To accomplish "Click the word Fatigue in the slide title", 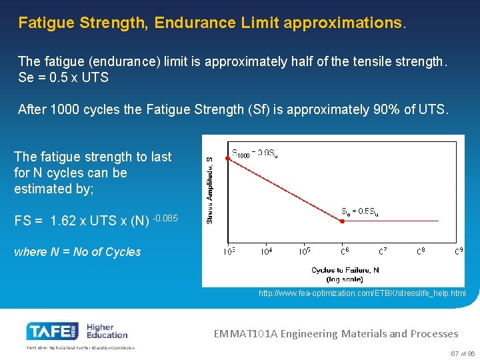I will (x=46, y=23).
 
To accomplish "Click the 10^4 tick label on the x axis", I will (x=266, y=251).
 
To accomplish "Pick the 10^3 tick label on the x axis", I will (x=228, y=251).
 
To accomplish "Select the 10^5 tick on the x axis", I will (x=305, y=251).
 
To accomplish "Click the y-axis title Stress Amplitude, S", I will (x=209, y=190).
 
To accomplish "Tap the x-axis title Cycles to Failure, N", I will (x=345, y=270).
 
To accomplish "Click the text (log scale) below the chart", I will (x=345, y=279).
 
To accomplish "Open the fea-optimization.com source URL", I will (x=362, y=293).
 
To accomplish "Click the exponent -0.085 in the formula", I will (x=165, y=217).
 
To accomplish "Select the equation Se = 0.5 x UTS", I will (x=63, y=77).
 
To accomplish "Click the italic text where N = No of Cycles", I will (x=77, y=252).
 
